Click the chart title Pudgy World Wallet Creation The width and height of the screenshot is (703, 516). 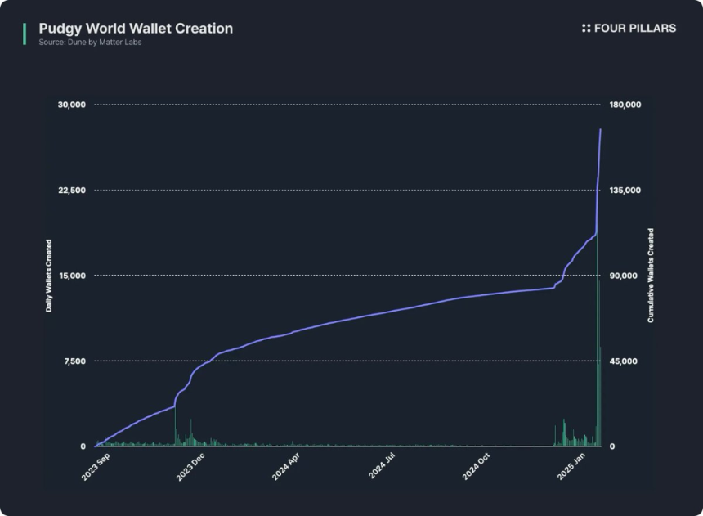pos(136,29)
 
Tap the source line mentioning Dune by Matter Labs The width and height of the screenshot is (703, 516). pos(90,43)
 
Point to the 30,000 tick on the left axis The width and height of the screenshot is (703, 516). pos(71,105)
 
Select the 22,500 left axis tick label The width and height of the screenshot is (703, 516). pos(71,191)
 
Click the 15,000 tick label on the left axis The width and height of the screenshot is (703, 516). pos(71,276)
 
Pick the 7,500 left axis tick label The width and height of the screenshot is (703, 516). pos(74,361)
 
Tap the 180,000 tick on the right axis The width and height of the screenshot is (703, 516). pos(625,105)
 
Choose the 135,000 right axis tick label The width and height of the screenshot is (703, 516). pos(625,191)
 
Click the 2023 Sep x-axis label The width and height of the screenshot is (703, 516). pos(96,467)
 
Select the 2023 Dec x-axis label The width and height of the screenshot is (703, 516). pos(190,467)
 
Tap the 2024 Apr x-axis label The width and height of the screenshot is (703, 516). pos(285,467)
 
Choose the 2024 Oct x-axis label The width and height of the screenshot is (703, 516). pos(475,467)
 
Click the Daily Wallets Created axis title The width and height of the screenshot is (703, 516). pos(49,276)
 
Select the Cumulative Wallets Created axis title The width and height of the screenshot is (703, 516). pos(651,276)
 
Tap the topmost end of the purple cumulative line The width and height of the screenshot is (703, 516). pos(601,129)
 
